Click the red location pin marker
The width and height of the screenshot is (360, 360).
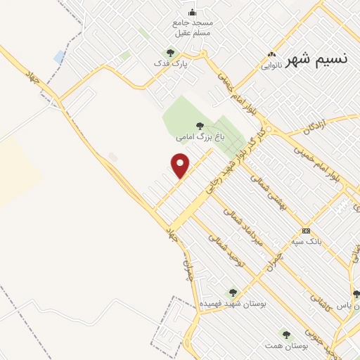point(181,166)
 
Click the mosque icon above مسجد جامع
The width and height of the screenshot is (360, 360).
point(193,12)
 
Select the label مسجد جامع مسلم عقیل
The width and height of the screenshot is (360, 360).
point(193,27)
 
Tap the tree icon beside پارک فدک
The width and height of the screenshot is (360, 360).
point(169,53)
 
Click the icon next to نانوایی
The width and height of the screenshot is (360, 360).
point(271,55)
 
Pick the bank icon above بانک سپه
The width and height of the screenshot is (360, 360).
point(306,231)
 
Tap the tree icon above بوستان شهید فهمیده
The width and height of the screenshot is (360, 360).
point(233,292)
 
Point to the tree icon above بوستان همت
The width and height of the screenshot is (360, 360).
point(285,334)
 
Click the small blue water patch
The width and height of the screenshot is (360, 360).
point(60,56)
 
